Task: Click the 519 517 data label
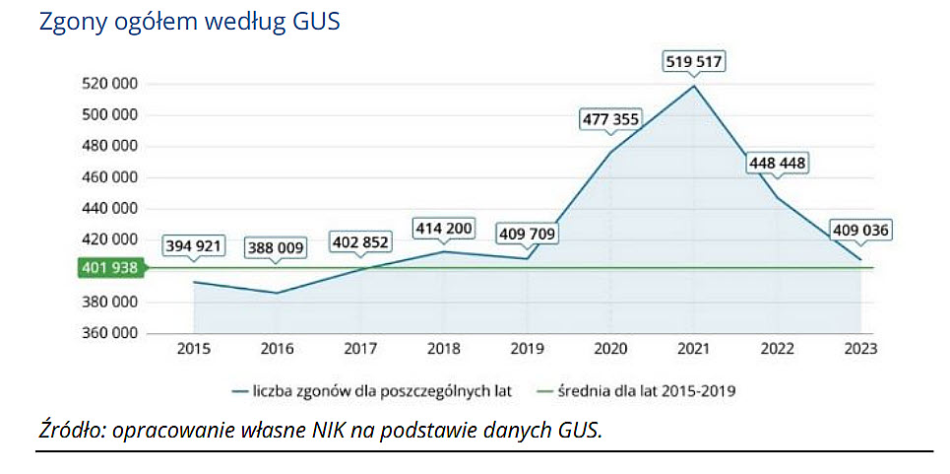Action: pos(693,62)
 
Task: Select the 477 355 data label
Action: pos(610,120)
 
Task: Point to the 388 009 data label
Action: pos(276,247)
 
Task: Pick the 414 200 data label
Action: pos(443,230)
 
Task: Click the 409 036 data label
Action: pos(860,231)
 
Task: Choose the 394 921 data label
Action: pos(193,245)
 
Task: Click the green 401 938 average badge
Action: pos(109,268)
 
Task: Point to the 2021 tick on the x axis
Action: pos(694,349)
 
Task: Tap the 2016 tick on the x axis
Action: pos(277,349)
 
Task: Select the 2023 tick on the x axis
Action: pos(860,349)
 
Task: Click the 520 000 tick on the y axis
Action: pos(108,84)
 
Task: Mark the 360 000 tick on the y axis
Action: pos(108,333)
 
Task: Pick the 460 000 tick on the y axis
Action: pos(108,177)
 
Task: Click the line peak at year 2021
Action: pos(694,86)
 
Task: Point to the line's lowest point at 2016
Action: pos(277,293)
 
